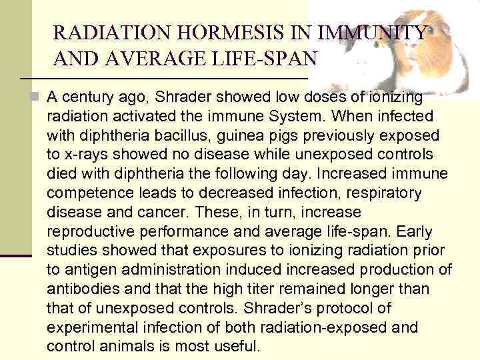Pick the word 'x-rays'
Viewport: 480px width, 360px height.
tap(87, 155)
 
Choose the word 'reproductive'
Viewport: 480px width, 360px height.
tap(87, 232)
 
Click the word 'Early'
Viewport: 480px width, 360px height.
tap(415, 232)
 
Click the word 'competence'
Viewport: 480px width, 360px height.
tap(87, 193)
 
